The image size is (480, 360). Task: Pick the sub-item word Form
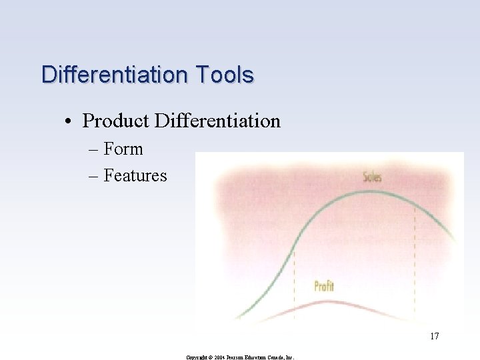[123, 149]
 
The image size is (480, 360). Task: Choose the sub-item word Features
[135, 176]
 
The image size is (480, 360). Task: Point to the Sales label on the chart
[372, 177]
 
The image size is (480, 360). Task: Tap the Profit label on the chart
[324, 287]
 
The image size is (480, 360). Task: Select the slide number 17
[434, 336]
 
